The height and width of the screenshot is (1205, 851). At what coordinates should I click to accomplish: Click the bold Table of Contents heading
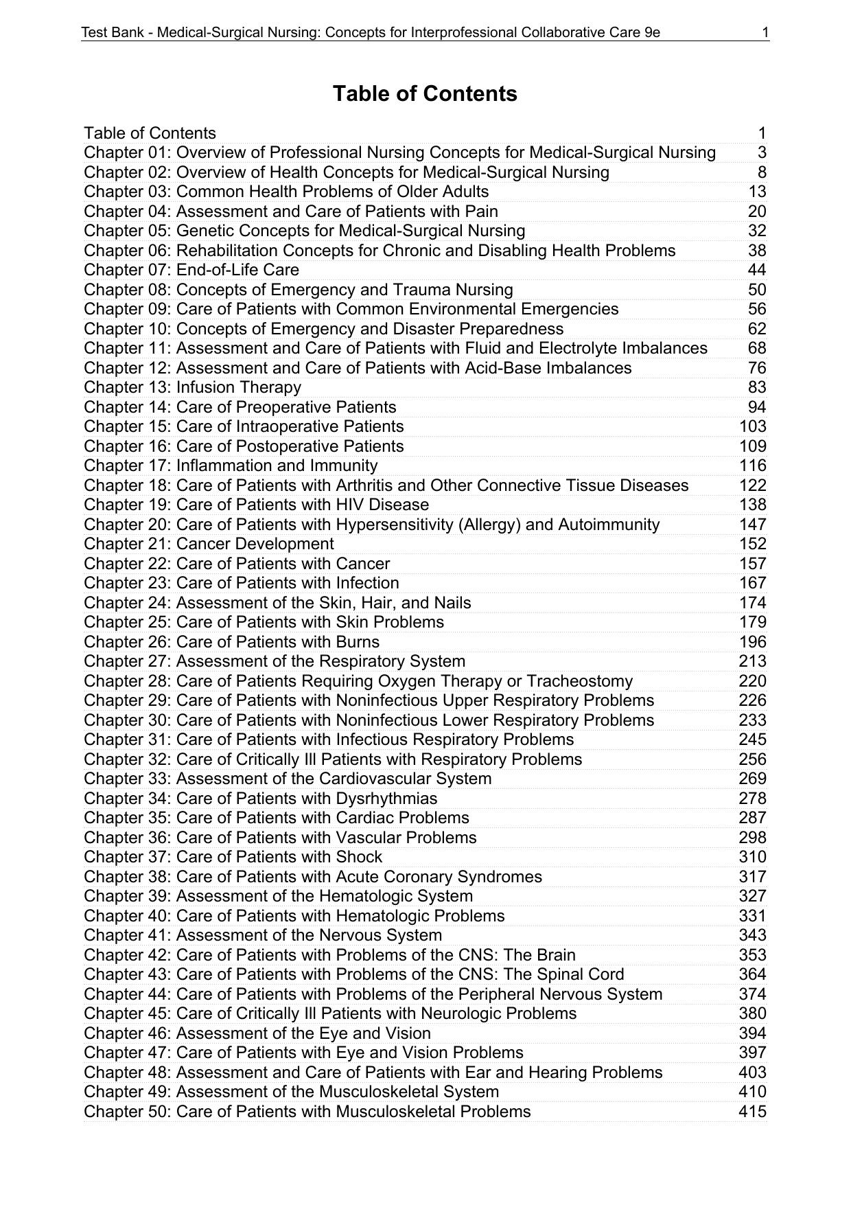[425, 93]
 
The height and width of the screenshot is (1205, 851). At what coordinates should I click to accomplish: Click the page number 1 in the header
[765, 32]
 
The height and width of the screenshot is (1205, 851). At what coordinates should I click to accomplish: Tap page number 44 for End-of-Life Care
[757, 270]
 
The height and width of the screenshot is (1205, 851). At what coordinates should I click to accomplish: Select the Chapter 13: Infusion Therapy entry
[193, 387]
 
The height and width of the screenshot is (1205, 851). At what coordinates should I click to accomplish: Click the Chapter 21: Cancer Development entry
[209, 544]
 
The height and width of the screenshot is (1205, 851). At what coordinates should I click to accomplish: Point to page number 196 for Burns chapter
[752, 642]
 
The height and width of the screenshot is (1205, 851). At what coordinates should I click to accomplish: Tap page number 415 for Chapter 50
[752, 1112]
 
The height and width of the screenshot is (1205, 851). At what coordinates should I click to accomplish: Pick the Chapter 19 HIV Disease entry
[257, 505]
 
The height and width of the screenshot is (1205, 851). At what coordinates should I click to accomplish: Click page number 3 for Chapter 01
[762, 152]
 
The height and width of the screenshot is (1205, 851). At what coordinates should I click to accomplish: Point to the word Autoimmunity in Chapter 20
[609, 525]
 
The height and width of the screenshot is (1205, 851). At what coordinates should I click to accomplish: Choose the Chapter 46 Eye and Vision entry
[257, 1033]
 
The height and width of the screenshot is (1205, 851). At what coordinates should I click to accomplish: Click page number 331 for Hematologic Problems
[752, 916]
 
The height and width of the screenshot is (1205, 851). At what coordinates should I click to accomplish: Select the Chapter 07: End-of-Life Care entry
[191, 270]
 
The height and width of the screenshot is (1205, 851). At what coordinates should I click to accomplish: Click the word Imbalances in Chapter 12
[588, 368]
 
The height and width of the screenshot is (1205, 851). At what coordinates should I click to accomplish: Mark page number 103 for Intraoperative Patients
[752, 426]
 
